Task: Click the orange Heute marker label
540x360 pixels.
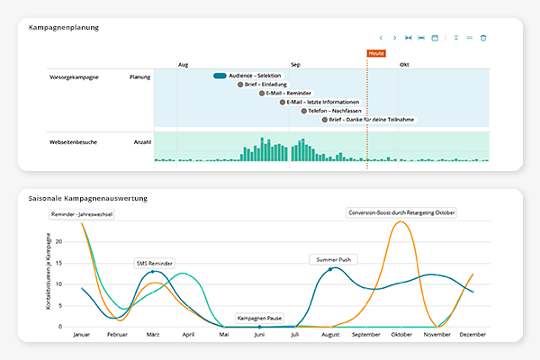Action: click(x=376, y=53)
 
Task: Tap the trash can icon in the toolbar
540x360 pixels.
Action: click(x=483, y=38)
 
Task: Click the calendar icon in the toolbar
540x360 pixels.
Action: click(x=435, y=38)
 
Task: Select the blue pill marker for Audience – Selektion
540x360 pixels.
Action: click(x=220, y=76)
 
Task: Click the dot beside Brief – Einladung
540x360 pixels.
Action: click(x=240, y=84)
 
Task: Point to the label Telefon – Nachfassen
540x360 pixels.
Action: click(x=334, y=111)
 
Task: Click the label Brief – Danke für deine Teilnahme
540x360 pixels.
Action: click(x=372, y=120)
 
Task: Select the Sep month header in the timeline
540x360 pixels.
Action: click(x=295, y=65)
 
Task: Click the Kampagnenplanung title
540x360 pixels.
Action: click(x=63, y=28)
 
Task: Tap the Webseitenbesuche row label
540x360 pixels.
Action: click(x=73, y=142)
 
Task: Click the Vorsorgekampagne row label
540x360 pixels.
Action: click(x=73, y=77)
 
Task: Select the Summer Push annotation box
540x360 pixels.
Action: click(x=334, y=259)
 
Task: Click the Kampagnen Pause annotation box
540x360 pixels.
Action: click(x=260, y=318)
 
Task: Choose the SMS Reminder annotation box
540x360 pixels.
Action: click(x=155, y=263)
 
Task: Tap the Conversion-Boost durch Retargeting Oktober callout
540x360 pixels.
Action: click(x=401, y=212)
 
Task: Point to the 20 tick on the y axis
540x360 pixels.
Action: click(x=58, y=242)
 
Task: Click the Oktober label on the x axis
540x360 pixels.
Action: click(x=400, y=334)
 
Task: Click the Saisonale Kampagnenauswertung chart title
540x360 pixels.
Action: click(x=88, y=197)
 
